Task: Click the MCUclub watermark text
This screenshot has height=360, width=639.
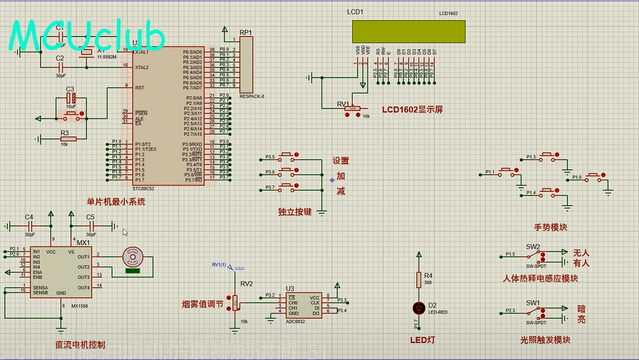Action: coord(88,36)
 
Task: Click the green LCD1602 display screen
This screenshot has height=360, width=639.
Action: coord(408,31)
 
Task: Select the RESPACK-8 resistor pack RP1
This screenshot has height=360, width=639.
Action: coord(246,64)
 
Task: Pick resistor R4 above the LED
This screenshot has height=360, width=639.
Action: coord(420,279)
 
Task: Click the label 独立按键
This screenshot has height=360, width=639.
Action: coord(295,212)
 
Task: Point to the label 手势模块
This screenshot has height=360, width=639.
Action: coord(551,227)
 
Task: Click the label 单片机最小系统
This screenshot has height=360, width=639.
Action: coord(116,202)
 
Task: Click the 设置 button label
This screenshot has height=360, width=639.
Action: coord(341,161)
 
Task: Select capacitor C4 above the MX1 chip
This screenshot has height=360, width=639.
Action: coord(29,226)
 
